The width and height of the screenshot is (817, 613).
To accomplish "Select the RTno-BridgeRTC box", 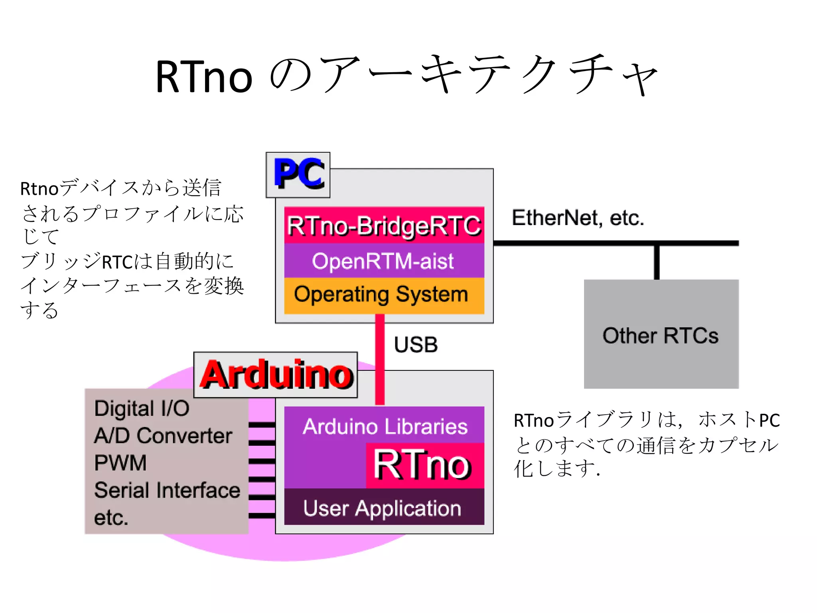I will (384, 225).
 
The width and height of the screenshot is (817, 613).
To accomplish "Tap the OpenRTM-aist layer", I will (384, 261).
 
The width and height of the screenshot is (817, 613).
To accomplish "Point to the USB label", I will (416, 345).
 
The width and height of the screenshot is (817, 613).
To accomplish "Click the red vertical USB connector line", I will (380, 359).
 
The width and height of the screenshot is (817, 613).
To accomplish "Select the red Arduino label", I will (276, 375).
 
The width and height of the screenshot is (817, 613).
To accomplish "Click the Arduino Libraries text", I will (385, 426).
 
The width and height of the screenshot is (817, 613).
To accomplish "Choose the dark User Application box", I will (383, 508).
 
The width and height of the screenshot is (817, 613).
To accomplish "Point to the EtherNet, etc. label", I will (578, 218).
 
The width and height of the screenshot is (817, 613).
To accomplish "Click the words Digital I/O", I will (142, 409).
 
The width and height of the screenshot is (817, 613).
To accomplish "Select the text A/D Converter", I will (163, 436).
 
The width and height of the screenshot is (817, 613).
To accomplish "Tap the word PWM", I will (120, 463).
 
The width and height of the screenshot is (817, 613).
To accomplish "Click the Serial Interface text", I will (167, 490).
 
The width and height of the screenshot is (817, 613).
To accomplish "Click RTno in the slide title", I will (204, 77).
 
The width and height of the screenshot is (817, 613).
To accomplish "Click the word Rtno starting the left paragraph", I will (39, 189).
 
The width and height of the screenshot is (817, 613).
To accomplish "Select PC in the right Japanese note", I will (769, 421).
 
